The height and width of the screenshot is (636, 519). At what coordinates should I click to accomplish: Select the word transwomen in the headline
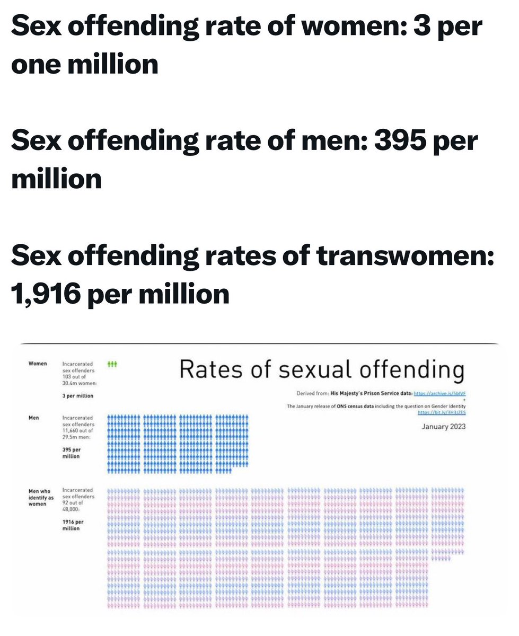405,257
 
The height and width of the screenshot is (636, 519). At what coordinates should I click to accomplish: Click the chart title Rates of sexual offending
322,369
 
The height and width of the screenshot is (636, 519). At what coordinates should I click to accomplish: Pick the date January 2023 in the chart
443,426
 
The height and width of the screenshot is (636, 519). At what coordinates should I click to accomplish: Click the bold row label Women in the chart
38,364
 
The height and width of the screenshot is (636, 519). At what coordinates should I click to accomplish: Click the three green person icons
112,364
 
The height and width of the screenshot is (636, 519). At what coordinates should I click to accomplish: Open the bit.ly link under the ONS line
442,412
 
